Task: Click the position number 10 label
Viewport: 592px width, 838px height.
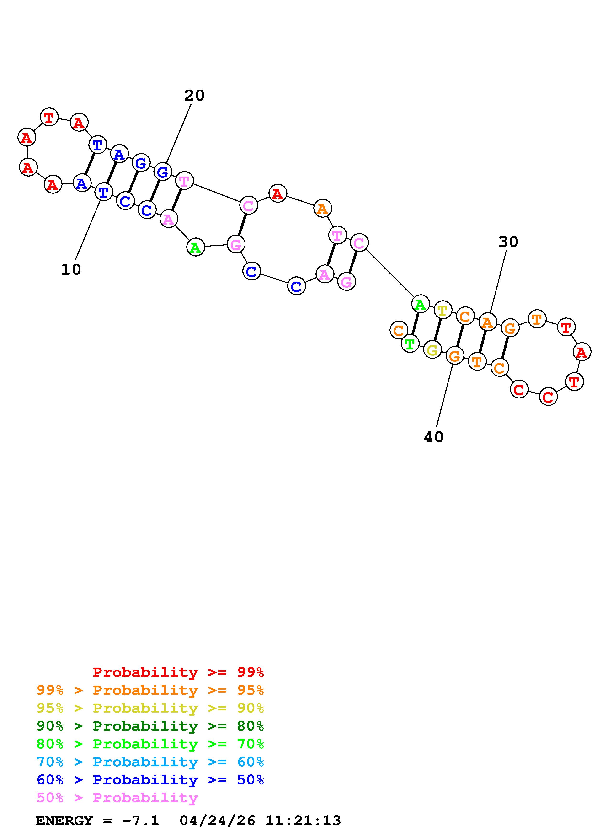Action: [x=71, y=270]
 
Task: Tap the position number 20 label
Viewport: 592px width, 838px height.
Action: [x=194, y=96]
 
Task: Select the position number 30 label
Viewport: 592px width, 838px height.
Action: [x=508, y=242]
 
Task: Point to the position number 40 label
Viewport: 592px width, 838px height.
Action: [x=433, y=437]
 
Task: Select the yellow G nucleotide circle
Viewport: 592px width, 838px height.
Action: [x=432, y=350]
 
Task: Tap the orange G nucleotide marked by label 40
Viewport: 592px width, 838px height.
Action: [x=454, y=356]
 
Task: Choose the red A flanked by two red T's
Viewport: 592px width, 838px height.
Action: [x=581, y=352]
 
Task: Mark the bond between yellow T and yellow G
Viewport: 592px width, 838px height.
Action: [x=437, y=330]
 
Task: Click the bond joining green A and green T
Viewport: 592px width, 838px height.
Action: [x=415, y=324]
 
